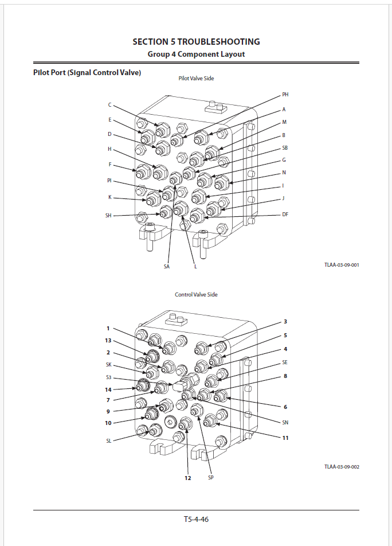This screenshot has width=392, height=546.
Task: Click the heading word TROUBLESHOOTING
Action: pyautogui.click(x=218, y=42)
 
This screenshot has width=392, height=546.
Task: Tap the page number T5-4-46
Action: pyautogui.click(x=196, y=519)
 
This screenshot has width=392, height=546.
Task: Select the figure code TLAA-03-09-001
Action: pyautogui.click(x=342, y=265)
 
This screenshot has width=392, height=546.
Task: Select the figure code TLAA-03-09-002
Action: pyautogui.click(x=342, y=467)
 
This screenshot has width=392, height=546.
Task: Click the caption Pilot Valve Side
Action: pyautogui.click(x=196, y=79)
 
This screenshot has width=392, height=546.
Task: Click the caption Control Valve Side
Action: pyautogui.click(x=196, y=295)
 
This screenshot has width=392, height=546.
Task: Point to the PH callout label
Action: pyautogui.click(x=285, y=95)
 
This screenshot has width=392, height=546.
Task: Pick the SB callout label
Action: pyautogui.click(x=285, y=148)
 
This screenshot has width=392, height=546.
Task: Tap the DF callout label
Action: pyautogui.click(x=285, y=214)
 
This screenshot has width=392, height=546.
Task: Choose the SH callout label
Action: pyautogui.click(x=108, y=216)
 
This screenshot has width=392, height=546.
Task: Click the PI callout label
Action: pyautogui.click(x=109, y=180)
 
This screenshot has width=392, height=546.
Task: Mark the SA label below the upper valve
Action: pyautogui.click(x=167, y=267)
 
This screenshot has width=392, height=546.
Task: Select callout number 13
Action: pyautogui.click(x=108, y=341)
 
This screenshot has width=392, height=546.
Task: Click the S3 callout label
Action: pyautogui.click(x=108, y=377)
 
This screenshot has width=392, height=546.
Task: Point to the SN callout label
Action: pyautogui.click(x=285, y=423)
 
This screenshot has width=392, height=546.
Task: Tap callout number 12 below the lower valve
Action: pyautogui.click(x=188, y=478)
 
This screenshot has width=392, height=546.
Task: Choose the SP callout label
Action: pyautogui.click(x=211, y=477)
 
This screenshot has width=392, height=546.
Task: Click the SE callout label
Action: pyautogui.click(x=285, y=362)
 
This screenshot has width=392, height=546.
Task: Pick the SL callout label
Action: pyautogui.click(x=108, y=441)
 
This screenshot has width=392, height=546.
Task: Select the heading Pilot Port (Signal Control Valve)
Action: pyautogui.click(x=87, y=73)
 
